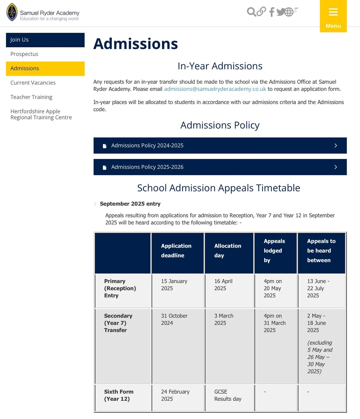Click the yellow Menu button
[333, 16]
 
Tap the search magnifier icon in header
[251, 12]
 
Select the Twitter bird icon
[280, 12]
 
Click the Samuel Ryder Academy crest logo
[12, 12]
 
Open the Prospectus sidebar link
[24, 54]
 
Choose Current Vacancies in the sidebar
[33, 83]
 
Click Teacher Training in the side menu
[31, 97]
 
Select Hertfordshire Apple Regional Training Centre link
[41, 114]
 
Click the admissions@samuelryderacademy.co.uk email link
[215, 89]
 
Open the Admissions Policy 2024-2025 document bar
[220, 145]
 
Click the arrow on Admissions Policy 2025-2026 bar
[336, 167]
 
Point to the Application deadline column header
[176, 250]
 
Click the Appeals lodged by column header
[274, 250]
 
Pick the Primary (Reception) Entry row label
[120, 288]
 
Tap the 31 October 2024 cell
[174, 319]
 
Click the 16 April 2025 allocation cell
[223, 285]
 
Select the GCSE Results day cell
[227, 395]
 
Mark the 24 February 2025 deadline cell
[175, 395]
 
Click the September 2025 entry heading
[130, 204]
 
